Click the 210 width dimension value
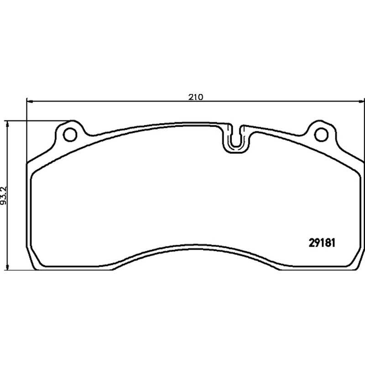click(196, 97)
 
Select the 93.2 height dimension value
click(4, 196)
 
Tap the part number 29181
click(322, 243)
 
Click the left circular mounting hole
click(70, 135)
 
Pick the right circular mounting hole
click(321, 135)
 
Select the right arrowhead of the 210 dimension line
click(361, 101)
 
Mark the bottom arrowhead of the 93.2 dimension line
click(8, 266)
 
